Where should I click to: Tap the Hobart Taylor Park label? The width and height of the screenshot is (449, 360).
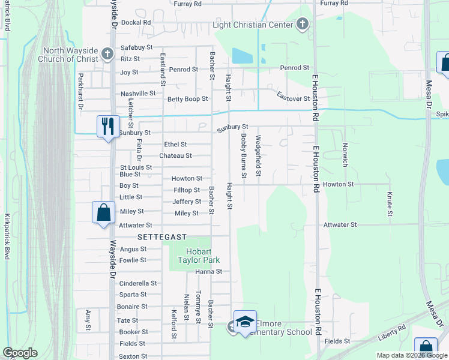point(198,254)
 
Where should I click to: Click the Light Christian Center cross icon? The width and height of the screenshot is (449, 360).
point(302,25)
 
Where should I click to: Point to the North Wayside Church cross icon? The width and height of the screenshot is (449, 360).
point(107,54)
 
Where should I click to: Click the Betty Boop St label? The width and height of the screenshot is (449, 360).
point(187,99)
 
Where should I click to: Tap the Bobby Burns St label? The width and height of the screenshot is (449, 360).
point(244,155)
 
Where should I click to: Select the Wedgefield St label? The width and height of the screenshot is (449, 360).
point(259,156)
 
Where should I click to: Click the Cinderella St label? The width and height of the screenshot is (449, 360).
point(138,283)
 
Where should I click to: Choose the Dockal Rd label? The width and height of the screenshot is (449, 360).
point(136,22)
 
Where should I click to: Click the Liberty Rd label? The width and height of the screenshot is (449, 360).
point(393,333)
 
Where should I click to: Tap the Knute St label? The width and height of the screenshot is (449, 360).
point(390,204)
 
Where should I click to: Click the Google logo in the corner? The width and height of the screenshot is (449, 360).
point(20,353)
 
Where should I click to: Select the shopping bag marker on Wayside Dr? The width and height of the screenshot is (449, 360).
point(103,212)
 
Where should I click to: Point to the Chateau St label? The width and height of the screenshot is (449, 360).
point(175,155)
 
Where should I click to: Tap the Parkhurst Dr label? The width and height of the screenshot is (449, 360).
point(80,91)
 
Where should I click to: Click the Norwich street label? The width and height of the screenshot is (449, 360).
point(345,154)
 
